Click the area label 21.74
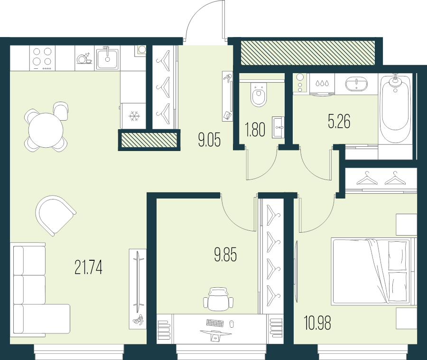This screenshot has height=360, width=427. pos(88,267)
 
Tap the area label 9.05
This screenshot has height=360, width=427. pos(209,140)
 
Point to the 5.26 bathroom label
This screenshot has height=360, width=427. pos(339,122)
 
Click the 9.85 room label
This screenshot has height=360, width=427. pos(225,255)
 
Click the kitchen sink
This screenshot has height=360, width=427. pos(108,58)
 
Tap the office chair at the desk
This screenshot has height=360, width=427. pos(218,299)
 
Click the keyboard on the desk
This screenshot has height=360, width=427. pos(215,323)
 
